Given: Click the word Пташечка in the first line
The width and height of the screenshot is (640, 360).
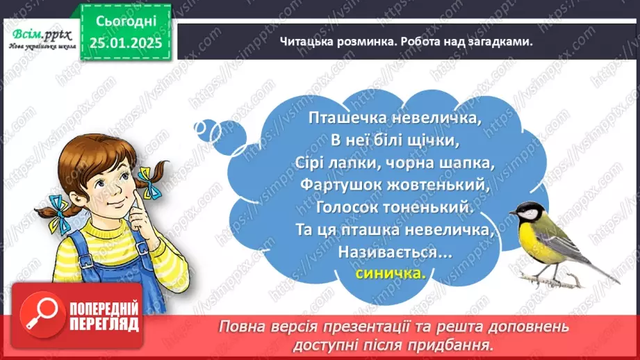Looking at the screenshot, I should (341, 118).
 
